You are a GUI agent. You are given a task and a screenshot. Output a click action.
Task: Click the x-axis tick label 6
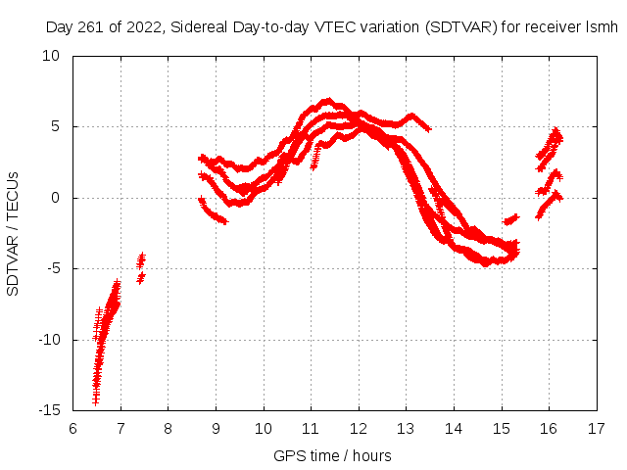click(x=73, y=428)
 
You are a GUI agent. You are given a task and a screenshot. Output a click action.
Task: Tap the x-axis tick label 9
click(x=216, y=428)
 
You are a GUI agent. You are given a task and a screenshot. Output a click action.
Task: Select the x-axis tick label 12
click(x=359, y=428)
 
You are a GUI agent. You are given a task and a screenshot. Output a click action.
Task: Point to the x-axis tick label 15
click(x=502, y=428)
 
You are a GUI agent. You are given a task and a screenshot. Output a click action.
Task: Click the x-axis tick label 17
click(x=597, y=428)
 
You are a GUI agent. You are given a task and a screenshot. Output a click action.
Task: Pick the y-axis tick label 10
click(x=52, y=56)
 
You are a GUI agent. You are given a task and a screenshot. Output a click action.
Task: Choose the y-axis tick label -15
click(x=48, y=410)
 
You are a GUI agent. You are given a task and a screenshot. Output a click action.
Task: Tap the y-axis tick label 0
click(x=56, y=198)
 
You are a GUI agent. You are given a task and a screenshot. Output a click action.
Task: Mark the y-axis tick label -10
click(x=48, y=340)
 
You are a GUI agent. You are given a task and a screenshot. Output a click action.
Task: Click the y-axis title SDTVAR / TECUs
click(x=14, y=233)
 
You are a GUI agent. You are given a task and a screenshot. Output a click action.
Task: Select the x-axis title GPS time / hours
click(x=334, y=455)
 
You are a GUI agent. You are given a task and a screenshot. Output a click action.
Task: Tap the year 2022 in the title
click(x=140, y=27)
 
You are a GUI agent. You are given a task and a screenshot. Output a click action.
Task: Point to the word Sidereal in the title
click(x=196, y=27)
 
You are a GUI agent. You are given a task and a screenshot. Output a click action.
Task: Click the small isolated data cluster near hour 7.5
click(x=141, y=267)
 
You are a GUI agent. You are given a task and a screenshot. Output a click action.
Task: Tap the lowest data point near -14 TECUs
click(x=96, y=400)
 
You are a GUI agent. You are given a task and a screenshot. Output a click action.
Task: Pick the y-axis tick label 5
click(x=56, y=126)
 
